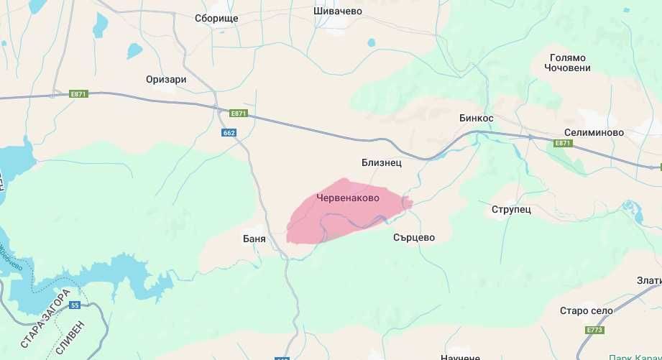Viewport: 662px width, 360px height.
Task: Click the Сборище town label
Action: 216,18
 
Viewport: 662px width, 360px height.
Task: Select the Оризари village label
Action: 165,79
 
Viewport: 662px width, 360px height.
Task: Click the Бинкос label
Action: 477,117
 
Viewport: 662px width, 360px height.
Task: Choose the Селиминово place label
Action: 593,133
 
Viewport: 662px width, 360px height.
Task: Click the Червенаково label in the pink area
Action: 348,196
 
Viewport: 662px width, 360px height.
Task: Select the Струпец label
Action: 511,209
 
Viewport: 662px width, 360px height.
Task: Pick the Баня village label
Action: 254,238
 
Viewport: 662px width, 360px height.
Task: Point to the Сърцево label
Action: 414,237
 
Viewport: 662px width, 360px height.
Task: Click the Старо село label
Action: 586,310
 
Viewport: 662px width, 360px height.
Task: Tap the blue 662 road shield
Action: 229,133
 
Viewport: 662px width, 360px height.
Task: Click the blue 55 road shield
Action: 75,305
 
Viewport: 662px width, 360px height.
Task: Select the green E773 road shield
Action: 594,331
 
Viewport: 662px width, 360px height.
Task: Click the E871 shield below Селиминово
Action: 563,144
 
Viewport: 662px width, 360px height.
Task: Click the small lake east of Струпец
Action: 633,213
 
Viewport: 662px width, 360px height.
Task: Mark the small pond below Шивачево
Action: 371,42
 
